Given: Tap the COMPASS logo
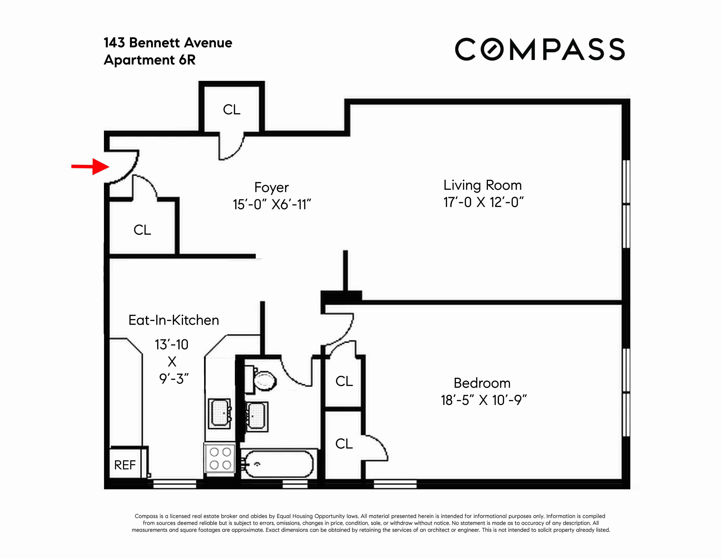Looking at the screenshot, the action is (540, 50).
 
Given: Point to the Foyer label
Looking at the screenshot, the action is (271, 187).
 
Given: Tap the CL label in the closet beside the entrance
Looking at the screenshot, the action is (142, 230).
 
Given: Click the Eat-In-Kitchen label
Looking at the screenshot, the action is (174, 320).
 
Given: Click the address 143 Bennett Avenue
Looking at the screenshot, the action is (168, 43).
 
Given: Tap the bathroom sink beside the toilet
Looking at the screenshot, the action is (257, 417).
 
